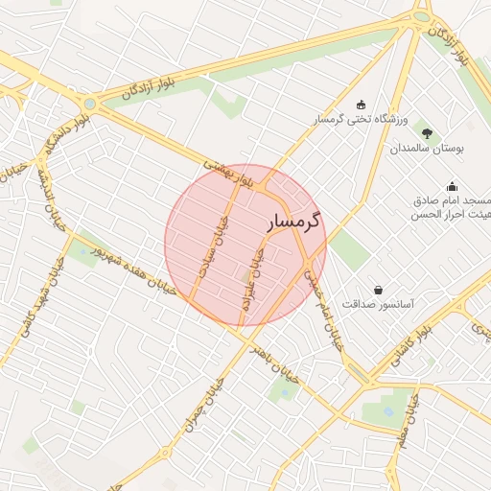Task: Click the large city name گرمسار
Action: click(294, 221)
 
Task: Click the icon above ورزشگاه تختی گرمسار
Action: click(361, 105)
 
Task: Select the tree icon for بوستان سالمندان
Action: click(427, 133)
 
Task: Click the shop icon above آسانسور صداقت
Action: click(379, 289)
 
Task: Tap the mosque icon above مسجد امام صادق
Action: click(452, 186)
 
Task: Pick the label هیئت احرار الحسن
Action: click(451, 215)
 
